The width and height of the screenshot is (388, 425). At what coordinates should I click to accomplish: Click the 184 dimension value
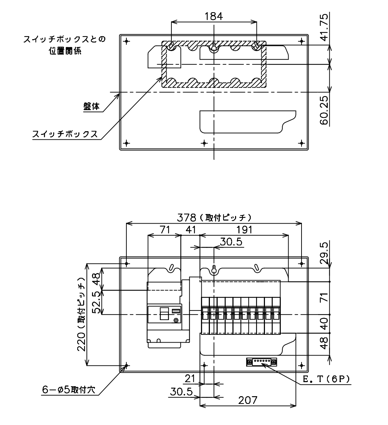coord(214,16)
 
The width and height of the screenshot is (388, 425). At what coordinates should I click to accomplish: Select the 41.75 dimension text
coord(324,27)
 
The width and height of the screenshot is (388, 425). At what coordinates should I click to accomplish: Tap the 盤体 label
coord(91,106)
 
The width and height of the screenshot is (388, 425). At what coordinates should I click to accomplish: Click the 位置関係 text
coord(65,51)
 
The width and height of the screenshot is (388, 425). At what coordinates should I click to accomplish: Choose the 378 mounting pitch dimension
coord(214,217)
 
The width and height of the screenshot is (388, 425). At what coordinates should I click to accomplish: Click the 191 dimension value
coord(244,229)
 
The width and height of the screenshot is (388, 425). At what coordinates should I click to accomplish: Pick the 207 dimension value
coord(247,400)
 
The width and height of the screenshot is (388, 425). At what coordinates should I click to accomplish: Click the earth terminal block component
coord(262,362)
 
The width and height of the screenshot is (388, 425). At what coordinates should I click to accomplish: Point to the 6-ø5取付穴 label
coord(69,390)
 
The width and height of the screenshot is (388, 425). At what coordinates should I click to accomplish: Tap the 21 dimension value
coord(190,378)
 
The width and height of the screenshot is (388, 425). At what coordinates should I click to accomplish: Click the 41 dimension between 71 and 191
coord(191,229)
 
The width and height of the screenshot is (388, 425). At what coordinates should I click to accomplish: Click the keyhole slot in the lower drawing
coord(214,270)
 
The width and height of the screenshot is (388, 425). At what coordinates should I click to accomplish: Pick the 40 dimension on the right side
coord(324,324)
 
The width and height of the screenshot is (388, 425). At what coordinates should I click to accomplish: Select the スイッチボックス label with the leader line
coord(65,134)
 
